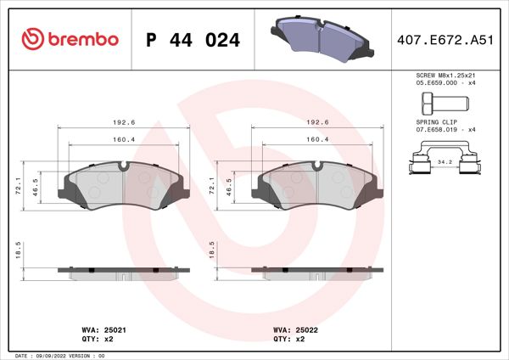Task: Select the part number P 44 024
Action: click(193, 40)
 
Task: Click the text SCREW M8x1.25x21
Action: click(446, 76)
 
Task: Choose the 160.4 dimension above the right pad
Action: click(317, 138)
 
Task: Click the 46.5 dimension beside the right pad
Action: click(227, 185)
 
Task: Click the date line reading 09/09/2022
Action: click(59, 355)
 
